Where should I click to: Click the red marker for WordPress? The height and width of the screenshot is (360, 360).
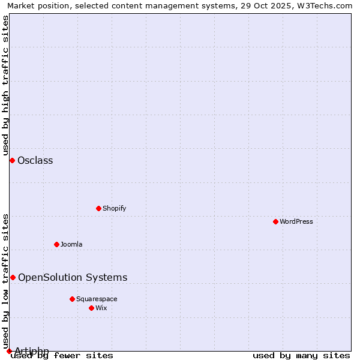click(x=275, y=221)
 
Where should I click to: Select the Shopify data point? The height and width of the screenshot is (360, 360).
click(x=98, y=208)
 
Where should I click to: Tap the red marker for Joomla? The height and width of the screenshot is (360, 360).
click(x=56, y=244)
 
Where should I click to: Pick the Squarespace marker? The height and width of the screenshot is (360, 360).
click(x=72, y=299)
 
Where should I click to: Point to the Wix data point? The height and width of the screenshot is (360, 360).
click(x=91, y=308)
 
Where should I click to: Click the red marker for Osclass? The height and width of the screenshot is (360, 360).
click(x=12, y=160)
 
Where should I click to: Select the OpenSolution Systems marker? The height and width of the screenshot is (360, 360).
click(x=13, y=277)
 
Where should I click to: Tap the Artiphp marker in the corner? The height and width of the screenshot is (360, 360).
click(x=9, y=351)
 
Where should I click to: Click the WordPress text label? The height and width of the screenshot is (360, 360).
click(x=296, y=221)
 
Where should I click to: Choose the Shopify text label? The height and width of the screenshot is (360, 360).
click(x=114, y=208)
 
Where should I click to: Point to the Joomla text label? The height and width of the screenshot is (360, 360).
click(x=71, y=244)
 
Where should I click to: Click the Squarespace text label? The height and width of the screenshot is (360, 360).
click(x=97, y=299)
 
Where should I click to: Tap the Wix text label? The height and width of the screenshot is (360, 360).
click(x=101, y=308)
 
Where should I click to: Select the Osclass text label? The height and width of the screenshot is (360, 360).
click(x=35, y=160)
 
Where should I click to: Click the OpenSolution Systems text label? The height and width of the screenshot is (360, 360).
click(x=73, y=277)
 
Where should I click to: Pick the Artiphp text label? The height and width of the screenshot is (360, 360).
click(x=31, y=351)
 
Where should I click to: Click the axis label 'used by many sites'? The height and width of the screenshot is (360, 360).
click(x=301, y=355)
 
